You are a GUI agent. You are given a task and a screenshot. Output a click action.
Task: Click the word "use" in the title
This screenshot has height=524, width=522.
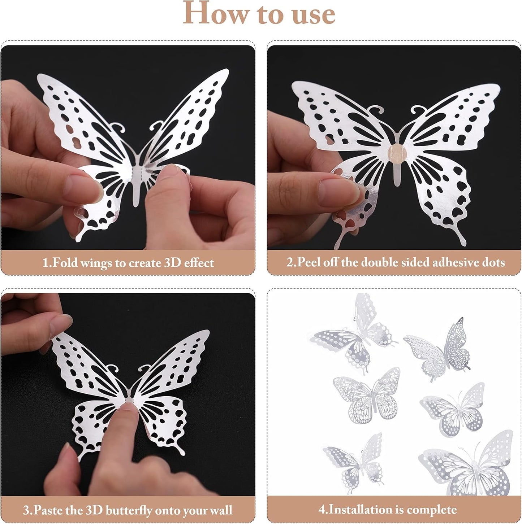coord(313,14)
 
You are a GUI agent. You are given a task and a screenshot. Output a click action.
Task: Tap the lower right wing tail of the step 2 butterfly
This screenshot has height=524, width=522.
coord(461,236)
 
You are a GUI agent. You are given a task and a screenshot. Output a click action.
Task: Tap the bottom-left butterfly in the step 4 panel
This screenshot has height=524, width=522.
coord(356,462)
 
